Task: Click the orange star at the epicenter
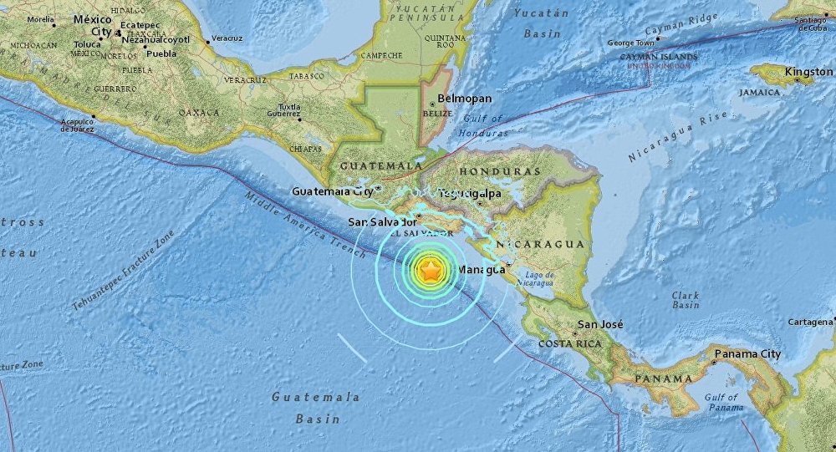(x=430, y=271)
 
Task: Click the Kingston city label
(x=808, y=73)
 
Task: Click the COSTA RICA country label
(x=570, y=344)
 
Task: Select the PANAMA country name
(x=659, y=378)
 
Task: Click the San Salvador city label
(x=382, y=222)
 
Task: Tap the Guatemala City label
(x=332, y=191)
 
